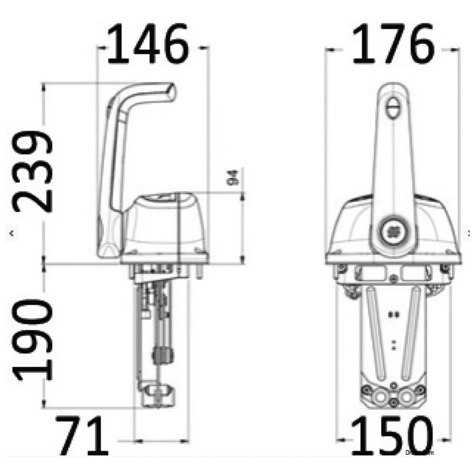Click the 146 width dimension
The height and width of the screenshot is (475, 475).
147,45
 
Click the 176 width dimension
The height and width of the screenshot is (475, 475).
393,45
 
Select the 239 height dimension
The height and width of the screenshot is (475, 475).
33,172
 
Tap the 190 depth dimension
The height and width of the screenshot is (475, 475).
33,340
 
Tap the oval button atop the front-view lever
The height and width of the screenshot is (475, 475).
393,109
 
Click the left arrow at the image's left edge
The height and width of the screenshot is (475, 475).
11,233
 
